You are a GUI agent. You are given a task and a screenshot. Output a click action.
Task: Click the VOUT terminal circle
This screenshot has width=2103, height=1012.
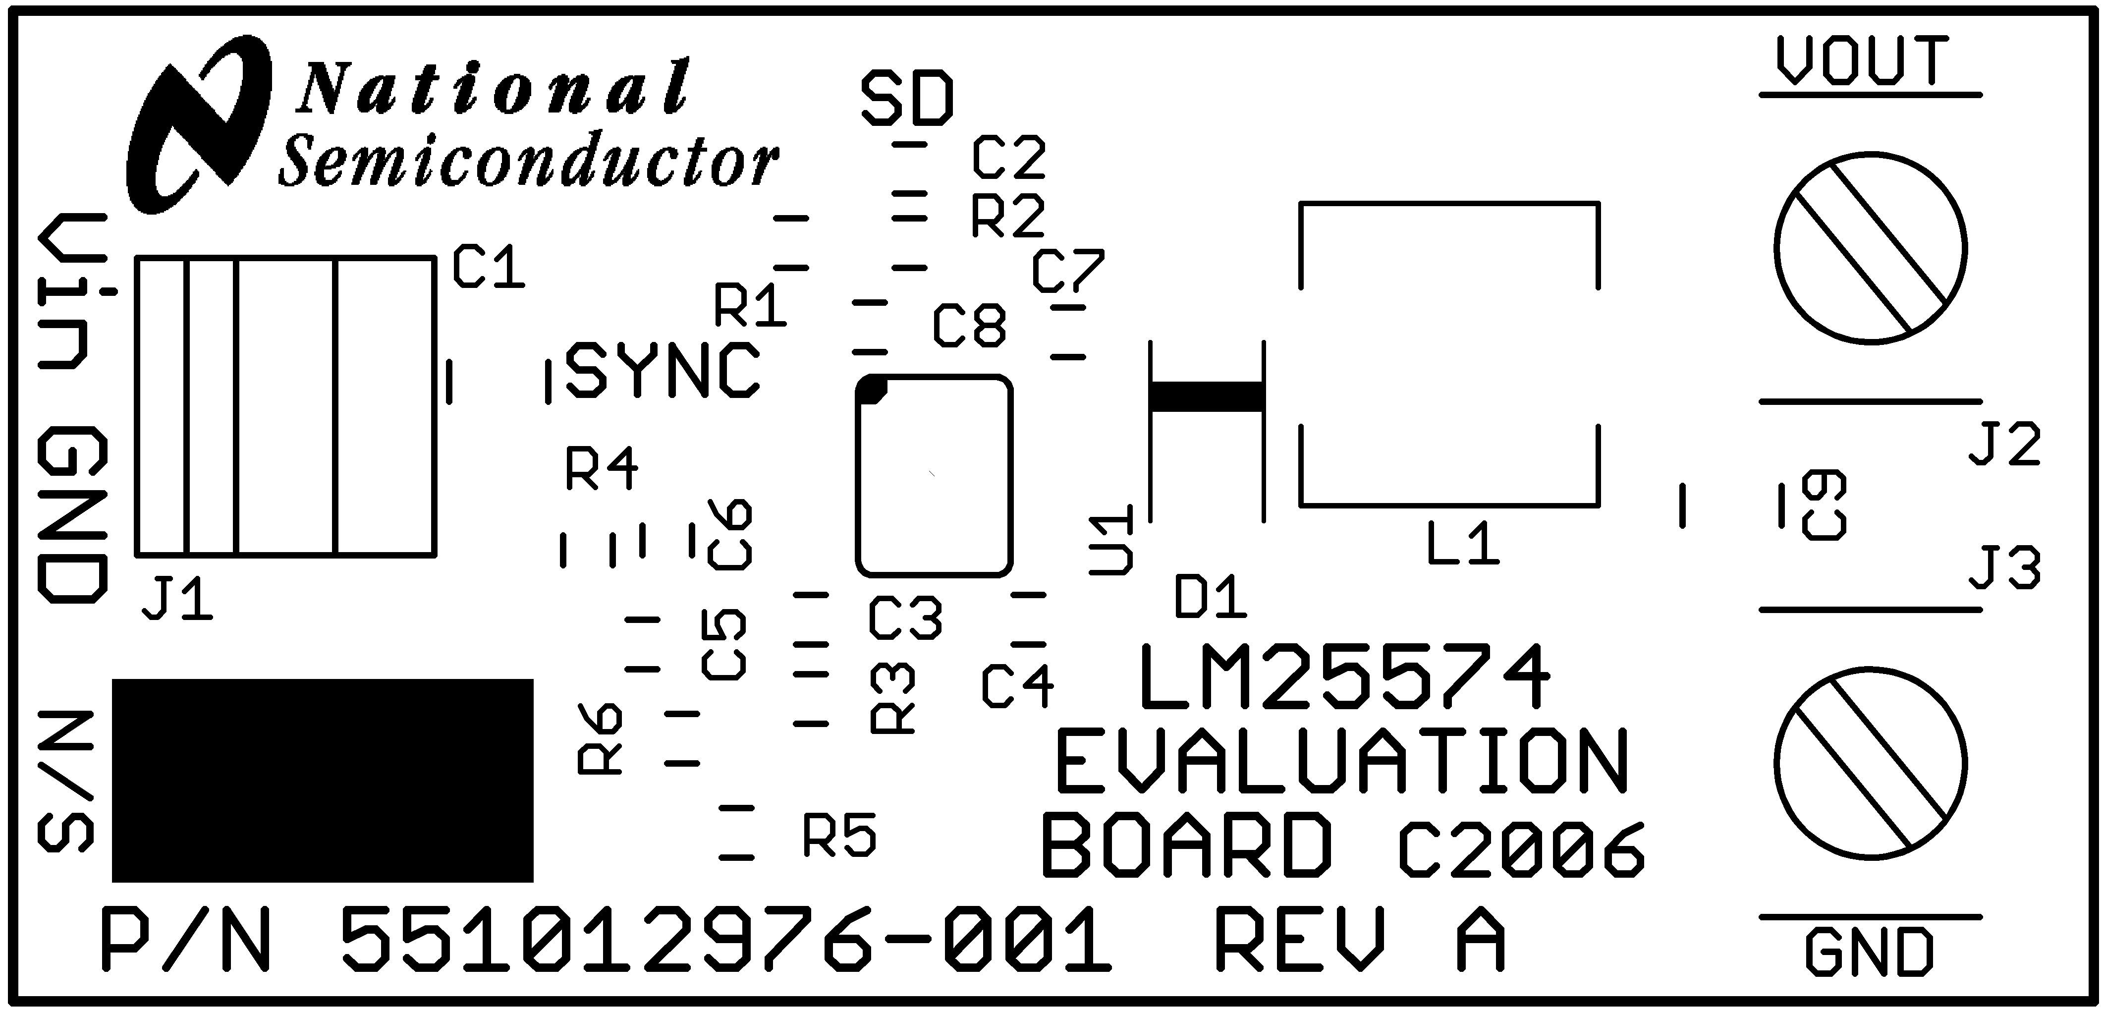[1870, 247]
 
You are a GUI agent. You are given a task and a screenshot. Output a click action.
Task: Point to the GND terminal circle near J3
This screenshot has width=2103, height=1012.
[1870, 764]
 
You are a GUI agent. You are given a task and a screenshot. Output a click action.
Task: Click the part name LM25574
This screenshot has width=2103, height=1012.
[1343, 678]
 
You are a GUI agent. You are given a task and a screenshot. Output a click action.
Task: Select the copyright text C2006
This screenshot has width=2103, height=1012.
[1520, 851]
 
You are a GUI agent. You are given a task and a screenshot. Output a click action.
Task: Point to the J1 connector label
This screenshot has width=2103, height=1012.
[177, 602]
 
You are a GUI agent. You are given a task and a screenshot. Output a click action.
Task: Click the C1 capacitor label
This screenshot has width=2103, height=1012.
[488, 267]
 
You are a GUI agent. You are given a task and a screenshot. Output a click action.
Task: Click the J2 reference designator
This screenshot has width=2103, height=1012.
[2004, 445]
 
